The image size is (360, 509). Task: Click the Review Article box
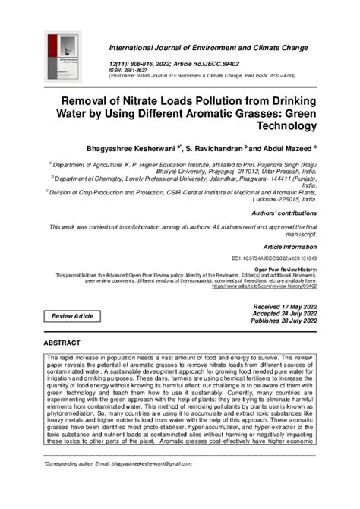72,315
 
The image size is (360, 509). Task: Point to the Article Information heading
289,247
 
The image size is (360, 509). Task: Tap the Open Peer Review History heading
285,269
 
